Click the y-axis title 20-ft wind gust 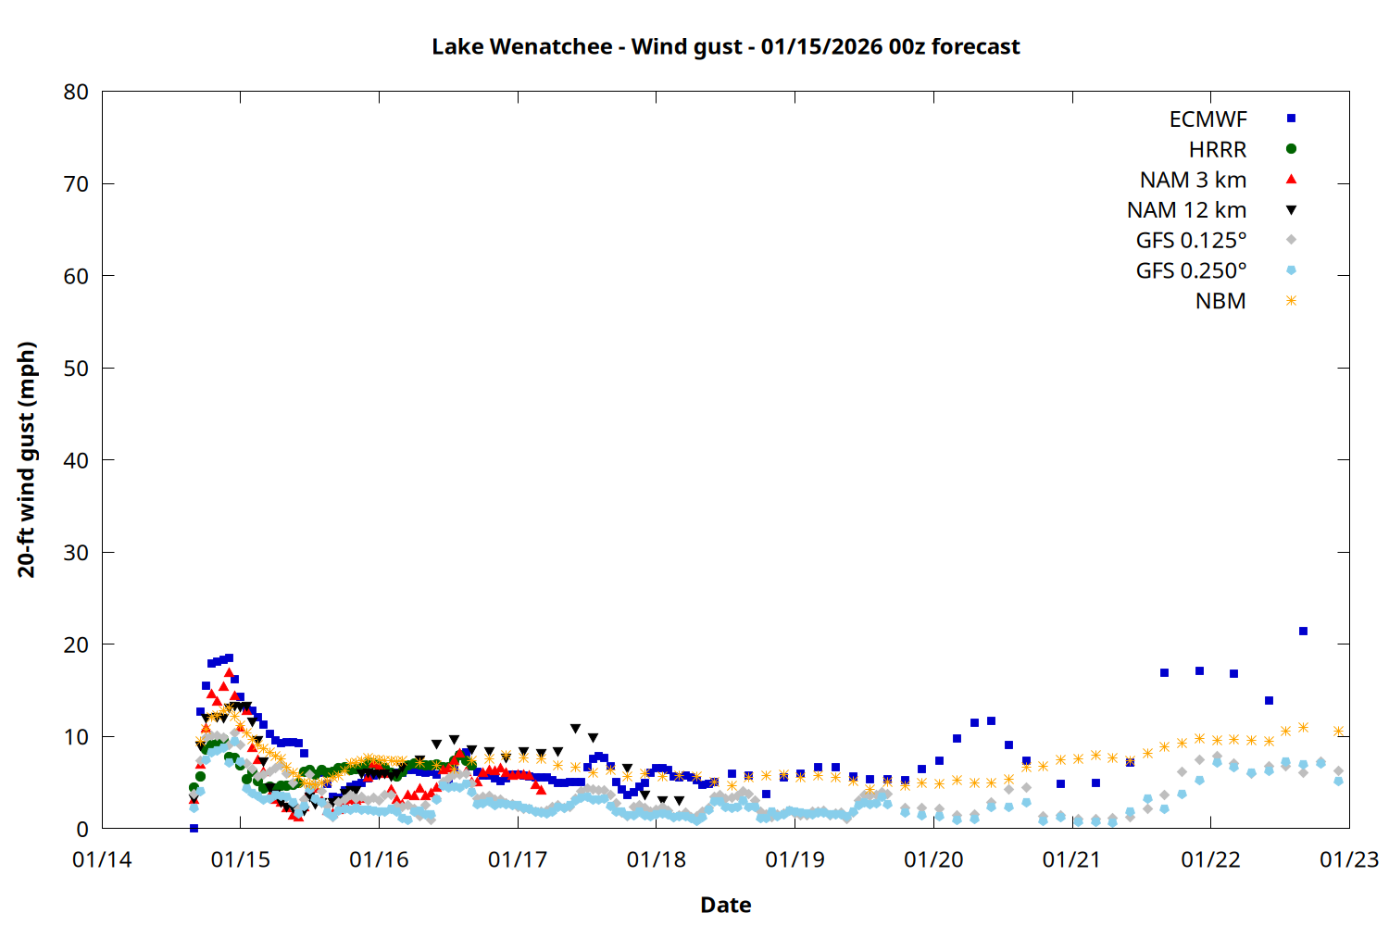click(27, 459)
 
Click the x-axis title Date click(725, 905)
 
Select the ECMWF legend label click(1208, 119)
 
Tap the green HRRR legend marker click(1291, 149)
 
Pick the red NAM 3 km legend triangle click(1291, 180)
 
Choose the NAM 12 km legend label click(1186, 210)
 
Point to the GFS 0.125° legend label click(1191, 241)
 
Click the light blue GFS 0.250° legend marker click(1291, 270)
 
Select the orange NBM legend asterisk click(1291, 301)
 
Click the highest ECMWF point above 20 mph click(1303, 632)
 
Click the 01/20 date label click(932, 859)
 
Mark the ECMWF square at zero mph click(194, 828)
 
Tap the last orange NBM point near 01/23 click(1338, 732)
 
